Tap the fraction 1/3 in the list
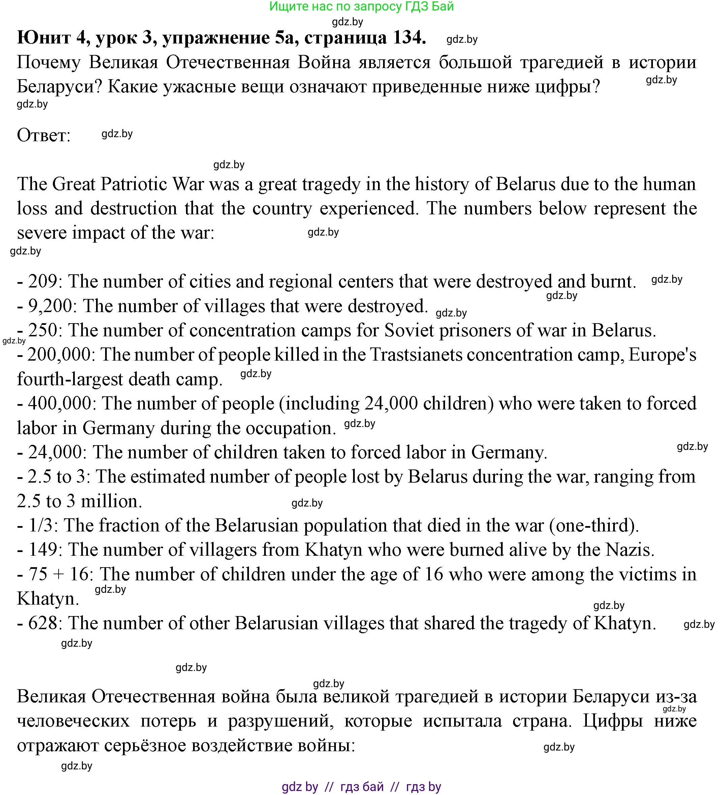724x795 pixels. [x=42, y=525]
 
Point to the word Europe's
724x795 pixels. [x=662, y=355]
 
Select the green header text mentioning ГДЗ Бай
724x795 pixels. [x=361, y=6]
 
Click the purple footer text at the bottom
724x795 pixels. [x=361, y=787]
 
